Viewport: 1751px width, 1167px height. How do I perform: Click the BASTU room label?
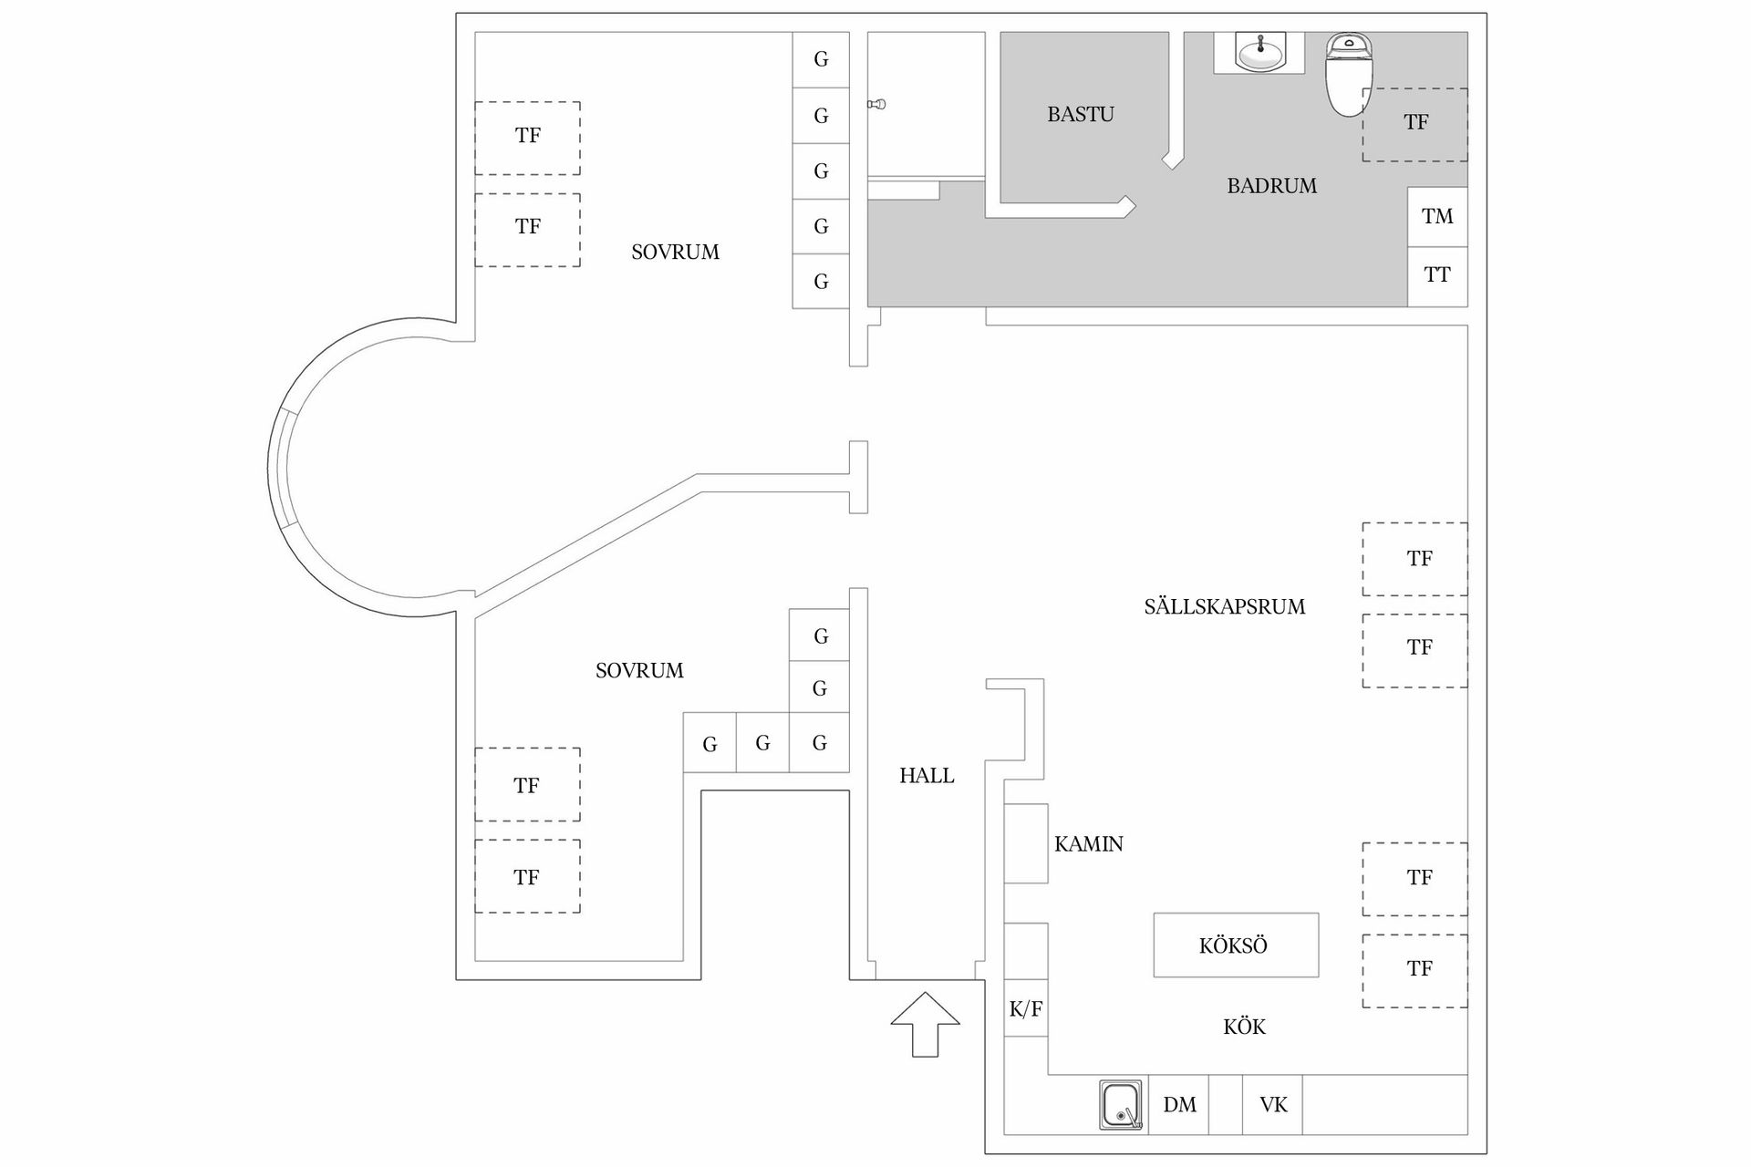click(x=1081, y=114)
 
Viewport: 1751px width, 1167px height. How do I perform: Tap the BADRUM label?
click(x=1271, y=186)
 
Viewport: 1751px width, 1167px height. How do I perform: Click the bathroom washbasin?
click(x=1260, y=52)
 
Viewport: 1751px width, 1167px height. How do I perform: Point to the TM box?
click(x=1437, y=217)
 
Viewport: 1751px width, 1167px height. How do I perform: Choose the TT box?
click(x=1437, y=276)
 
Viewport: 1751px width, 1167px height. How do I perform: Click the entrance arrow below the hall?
click(x=925, y=1024)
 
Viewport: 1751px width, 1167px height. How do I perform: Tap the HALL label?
click(x=927, y=776)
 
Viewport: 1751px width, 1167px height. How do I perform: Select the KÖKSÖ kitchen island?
click(x=1236, y=945)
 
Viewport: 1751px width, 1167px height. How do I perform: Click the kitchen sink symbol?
click(x=1122, y=1105)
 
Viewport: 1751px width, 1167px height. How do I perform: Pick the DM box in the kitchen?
click(x=1179, y=1105)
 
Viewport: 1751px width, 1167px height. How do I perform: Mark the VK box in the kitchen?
click(x=1272, y=1105)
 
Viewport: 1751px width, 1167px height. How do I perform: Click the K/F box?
click(x=1026, y=1008)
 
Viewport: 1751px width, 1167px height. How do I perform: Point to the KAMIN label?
click(x=1089, y=844)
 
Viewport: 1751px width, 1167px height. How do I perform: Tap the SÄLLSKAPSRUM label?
click(x=1225, y=606)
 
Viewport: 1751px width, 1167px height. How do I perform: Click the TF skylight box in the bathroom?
click(x=1415, y=125)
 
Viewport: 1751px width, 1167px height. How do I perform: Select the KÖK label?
click(x=1245, y=1027)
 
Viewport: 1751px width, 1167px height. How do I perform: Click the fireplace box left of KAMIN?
click(x=1026, y=843)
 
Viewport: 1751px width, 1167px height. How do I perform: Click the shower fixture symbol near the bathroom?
click(x=876, y=105)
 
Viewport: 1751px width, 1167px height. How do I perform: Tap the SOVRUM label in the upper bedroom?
click(x=675, y=253)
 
